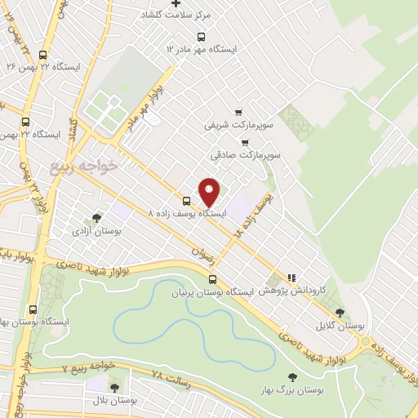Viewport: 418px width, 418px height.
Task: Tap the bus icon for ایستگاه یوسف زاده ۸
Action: click(186, 200)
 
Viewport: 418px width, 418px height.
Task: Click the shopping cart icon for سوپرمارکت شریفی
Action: click(238, 113)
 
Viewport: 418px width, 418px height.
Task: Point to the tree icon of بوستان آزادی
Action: click(97, 218)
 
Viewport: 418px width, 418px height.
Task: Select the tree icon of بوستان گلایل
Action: click(340, 313)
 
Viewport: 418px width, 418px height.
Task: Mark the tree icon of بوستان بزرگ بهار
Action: click(292, 377)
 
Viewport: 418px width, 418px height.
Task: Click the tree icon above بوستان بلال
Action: click(113, 387)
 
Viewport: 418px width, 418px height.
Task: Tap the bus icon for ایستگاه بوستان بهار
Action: click(33, 309)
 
